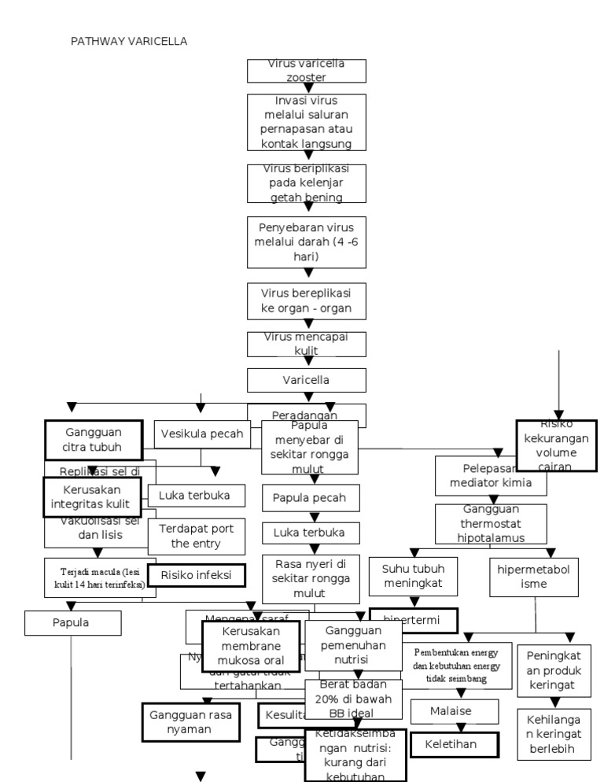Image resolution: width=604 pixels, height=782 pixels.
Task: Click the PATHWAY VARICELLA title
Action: click(130, 41)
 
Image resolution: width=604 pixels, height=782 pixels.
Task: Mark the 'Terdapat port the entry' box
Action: click(197, 536)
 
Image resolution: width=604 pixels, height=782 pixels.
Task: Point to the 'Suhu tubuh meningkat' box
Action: click(413, 575)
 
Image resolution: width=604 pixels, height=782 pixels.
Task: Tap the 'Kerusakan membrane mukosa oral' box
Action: click(251, 647)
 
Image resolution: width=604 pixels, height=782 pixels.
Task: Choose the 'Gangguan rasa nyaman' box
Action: click(190, 722)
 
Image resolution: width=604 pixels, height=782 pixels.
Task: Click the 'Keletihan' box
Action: click(455, 743)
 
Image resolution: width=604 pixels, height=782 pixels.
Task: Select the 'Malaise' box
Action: click(455, 711)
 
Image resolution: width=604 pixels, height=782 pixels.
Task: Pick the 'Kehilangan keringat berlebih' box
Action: click(554, 734)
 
